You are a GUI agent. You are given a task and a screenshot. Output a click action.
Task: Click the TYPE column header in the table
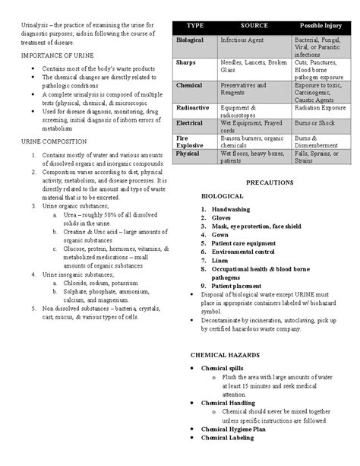click(195, 25)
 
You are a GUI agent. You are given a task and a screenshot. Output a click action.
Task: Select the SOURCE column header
click(254, 25)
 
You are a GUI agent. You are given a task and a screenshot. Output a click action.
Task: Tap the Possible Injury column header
click(323, 25)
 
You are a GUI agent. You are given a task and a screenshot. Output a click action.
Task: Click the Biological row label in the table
click(190, 39)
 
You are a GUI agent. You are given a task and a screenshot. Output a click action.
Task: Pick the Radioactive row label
click(193, 108)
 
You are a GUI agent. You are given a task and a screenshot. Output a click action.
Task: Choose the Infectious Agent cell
click(240, 39)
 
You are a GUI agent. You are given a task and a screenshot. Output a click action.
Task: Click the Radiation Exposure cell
click(322, 108)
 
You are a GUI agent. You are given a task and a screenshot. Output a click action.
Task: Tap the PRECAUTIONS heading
click(269, 183)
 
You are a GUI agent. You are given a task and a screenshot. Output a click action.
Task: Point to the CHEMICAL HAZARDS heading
click(225, 355)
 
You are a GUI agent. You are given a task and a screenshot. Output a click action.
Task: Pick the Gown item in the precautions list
click(220, 235)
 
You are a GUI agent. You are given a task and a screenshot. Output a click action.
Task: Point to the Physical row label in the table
click(188, 154)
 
